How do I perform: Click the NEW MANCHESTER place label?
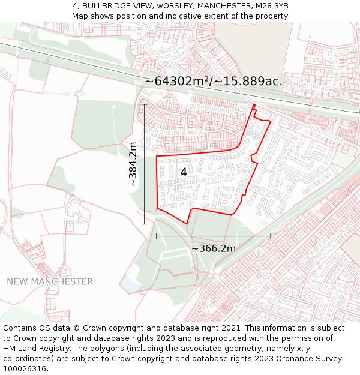coord(50,281)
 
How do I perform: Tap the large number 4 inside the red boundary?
coord(184,172)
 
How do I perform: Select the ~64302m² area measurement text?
coord(214,81)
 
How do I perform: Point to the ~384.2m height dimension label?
coord(134,164)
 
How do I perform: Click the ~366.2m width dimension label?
coord(214,248)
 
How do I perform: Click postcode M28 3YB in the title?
coord(271,6)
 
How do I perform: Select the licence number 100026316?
coord(26,368)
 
